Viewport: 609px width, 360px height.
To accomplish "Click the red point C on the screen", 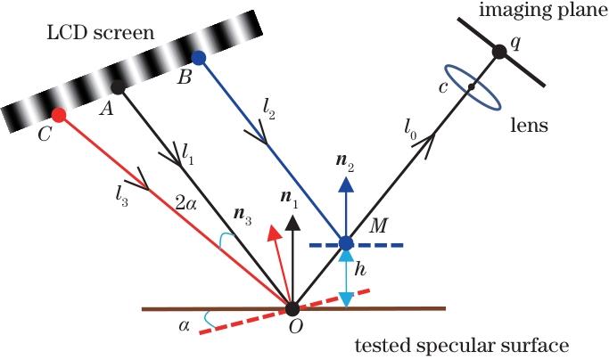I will [59, 115].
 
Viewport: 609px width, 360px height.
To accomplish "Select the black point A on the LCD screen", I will [117, 86].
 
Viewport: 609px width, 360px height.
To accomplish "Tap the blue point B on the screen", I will [199, 58].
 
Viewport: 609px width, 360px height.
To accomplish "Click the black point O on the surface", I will [292, 309].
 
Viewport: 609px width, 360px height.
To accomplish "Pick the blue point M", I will [346, 242].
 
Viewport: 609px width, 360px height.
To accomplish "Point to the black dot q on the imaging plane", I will [500, 52].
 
